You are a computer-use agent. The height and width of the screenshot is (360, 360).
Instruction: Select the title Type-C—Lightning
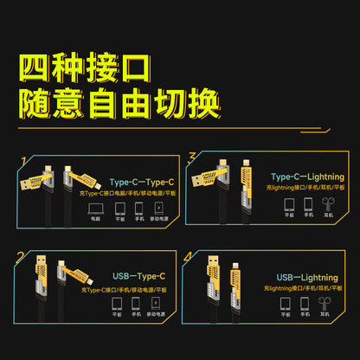pos(307,177)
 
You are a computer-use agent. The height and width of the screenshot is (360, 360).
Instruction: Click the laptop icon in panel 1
pos(95,209)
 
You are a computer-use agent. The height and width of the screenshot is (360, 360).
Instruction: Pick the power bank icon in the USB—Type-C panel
pos(155,305)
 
